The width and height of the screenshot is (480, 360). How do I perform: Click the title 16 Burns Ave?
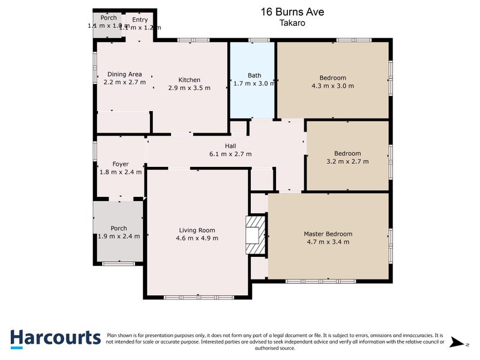292,11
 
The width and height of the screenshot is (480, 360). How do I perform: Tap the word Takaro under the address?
292,23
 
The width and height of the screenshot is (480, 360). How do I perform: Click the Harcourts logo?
55,337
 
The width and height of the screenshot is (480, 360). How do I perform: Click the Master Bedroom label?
328,234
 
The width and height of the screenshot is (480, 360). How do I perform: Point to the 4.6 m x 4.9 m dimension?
197,238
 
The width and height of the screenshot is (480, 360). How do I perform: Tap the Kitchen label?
189,80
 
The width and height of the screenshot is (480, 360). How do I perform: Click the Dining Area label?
124,74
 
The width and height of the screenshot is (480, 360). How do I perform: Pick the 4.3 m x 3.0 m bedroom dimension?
332,86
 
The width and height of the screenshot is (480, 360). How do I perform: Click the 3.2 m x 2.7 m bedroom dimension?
347,161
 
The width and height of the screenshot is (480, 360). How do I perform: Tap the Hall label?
230,146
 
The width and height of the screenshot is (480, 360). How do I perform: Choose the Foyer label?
121,164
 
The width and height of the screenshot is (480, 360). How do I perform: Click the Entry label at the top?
139,20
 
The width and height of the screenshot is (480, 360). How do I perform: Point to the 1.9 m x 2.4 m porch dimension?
119,236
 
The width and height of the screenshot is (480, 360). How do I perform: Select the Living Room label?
197,230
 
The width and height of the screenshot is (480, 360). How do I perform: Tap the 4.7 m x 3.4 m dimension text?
328,242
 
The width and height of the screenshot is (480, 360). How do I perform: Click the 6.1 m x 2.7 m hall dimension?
230,154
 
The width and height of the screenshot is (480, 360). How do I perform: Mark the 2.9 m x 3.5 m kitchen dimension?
189,88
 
